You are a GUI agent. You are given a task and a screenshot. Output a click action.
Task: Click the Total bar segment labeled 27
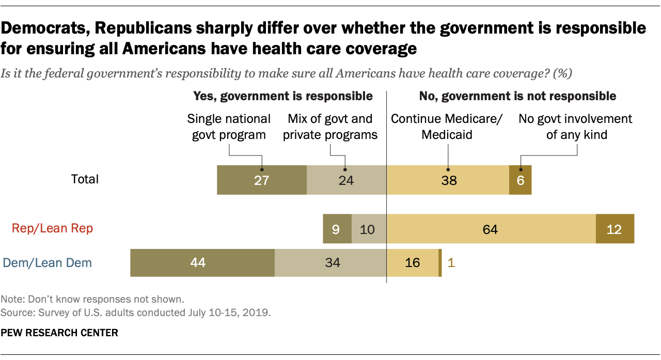(x=262, y=180)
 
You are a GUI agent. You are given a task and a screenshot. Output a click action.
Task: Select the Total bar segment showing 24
(x=347, y=180)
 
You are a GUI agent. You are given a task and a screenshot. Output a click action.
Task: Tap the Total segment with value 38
(x=448, y=180)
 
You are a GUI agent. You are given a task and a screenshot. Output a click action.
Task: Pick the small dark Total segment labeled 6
(x=520, y=180)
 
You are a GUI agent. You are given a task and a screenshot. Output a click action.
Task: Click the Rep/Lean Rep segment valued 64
(x=491, y=229)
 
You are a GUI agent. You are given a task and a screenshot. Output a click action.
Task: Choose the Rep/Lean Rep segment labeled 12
(x=615, y=229)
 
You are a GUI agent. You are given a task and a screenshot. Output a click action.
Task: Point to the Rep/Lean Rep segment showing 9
(x=337, y=229)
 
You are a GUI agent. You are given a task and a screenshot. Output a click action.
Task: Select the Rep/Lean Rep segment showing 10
(x=369, y=229)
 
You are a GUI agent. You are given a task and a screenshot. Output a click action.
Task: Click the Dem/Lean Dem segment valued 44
(x=202, y=262)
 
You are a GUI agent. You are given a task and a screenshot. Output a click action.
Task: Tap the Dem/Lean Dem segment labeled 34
(x=330, y=262)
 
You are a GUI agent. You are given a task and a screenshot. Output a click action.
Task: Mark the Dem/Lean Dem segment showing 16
(x=412, y=262)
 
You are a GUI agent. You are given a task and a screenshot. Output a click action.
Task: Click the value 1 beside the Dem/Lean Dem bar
(x=450, y=262)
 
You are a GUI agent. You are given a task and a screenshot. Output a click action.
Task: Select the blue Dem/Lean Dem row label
(x=48, y=262)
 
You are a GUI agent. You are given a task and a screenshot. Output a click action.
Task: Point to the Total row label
(x=85, y=179)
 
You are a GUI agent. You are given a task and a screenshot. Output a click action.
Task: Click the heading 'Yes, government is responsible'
(x=282, y=96)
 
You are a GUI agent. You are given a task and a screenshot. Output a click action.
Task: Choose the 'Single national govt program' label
(x=229, y=127)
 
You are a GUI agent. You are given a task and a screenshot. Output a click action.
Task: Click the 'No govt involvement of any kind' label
(x=575, y=127)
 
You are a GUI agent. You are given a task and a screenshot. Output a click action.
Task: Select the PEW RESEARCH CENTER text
(x=60, y=333)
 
